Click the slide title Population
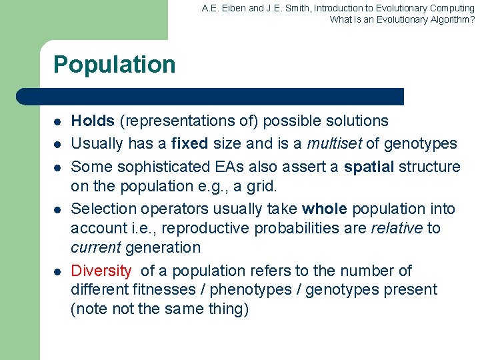coord(114,65)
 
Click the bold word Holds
coord(93,121)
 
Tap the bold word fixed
coord(189,143)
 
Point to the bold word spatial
coord(368,166)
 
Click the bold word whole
coord(325,209)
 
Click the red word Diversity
coord(101,271)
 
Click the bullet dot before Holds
coord(58,122)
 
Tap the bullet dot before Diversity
coord(58,271)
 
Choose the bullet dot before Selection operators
coord(58,210)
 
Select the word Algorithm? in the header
coord(447,19)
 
